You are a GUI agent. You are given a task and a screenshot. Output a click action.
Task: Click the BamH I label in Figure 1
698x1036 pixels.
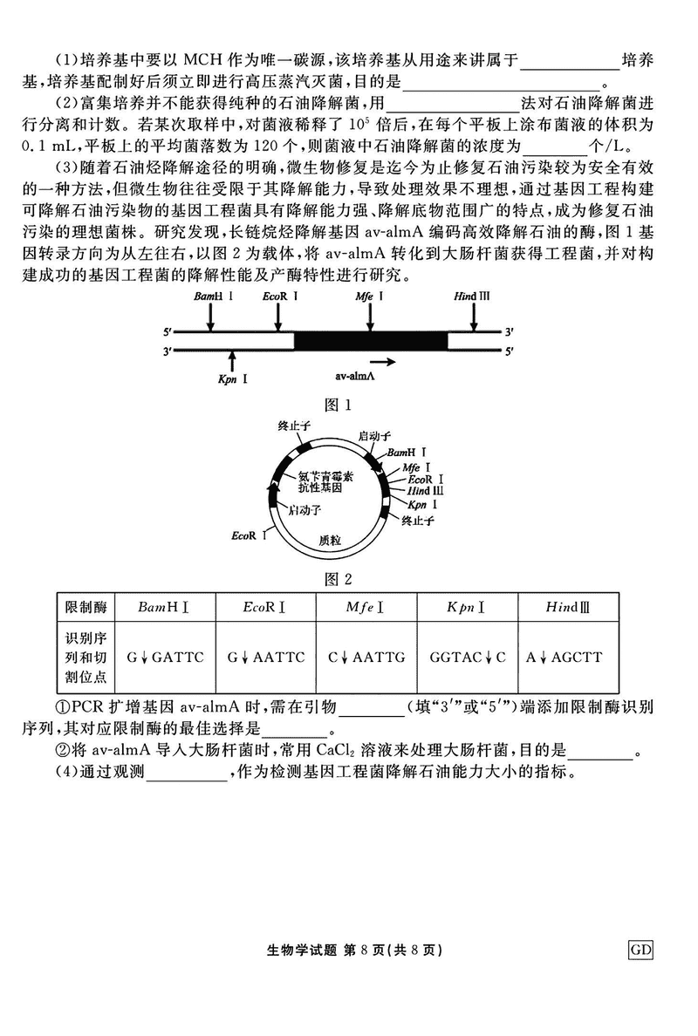pyautogui.click(x=208, y=297)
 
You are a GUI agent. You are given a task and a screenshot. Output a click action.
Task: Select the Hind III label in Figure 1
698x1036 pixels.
pyautogui.click(x=472, y=297)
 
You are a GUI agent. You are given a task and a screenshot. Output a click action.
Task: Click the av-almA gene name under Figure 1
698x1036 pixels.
pyautogui.click(x=355, y=376)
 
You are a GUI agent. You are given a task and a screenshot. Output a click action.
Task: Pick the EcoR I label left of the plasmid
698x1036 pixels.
pyautogui.click(x=249, y=534)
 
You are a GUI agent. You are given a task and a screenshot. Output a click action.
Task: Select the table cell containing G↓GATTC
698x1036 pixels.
pyautogui.click(x=166, y=657)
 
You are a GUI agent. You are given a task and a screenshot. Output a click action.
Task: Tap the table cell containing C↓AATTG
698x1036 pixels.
pyautogui.click(x=366, y=657)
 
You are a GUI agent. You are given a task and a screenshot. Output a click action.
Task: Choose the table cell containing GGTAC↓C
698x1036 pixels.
pyautogui.click(x=468, y=657)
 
